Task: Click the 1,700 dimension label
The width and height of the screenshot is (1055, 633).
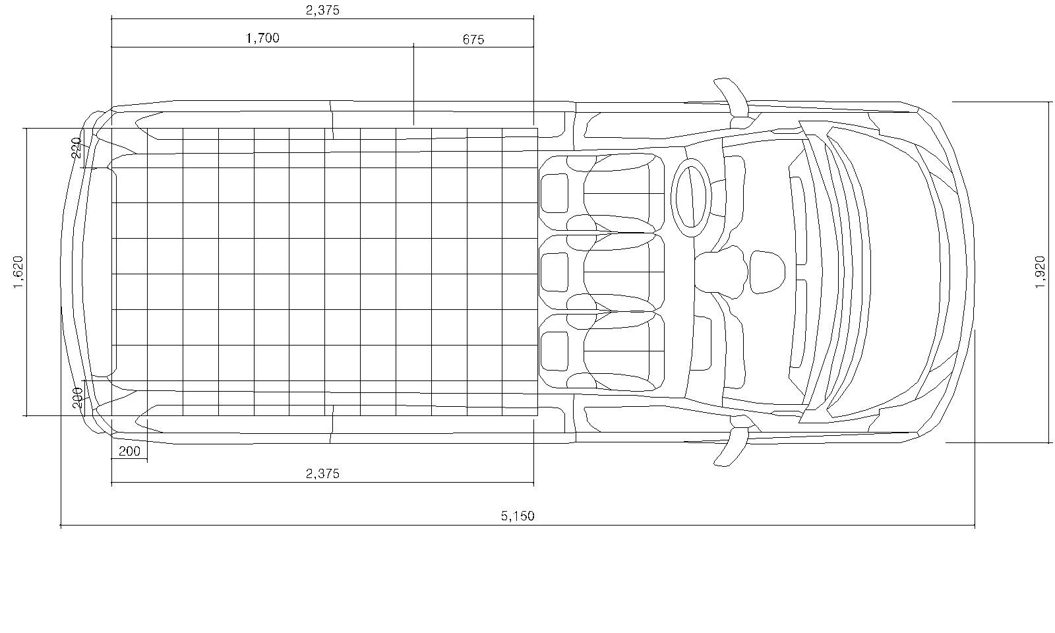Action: coord(263,38)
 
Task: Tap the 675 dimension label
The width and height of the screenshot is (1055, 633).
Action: coord(473,40)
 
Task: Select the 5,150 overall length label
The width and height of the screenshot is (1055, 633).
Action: coord(518,516)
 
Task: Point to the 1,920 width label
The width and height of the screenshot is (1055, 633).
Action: coord(1040,272)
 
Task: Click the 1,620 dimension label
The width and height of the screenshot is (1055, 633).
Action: coord(18,272)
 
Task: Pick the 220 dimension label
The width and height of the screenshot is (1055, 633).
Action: coord(76,148)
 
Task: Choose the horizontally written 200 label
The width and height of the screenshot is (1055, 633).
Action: coord(129,451)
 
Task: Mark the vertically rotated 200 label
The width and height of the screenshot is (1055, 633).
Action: coord(77,398)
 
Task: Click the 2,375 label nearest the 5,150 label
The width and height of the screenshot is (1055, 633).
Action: coord(322,473)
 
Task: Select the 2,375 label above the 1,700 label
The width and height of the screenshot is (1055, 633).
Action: coord(322,10)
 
